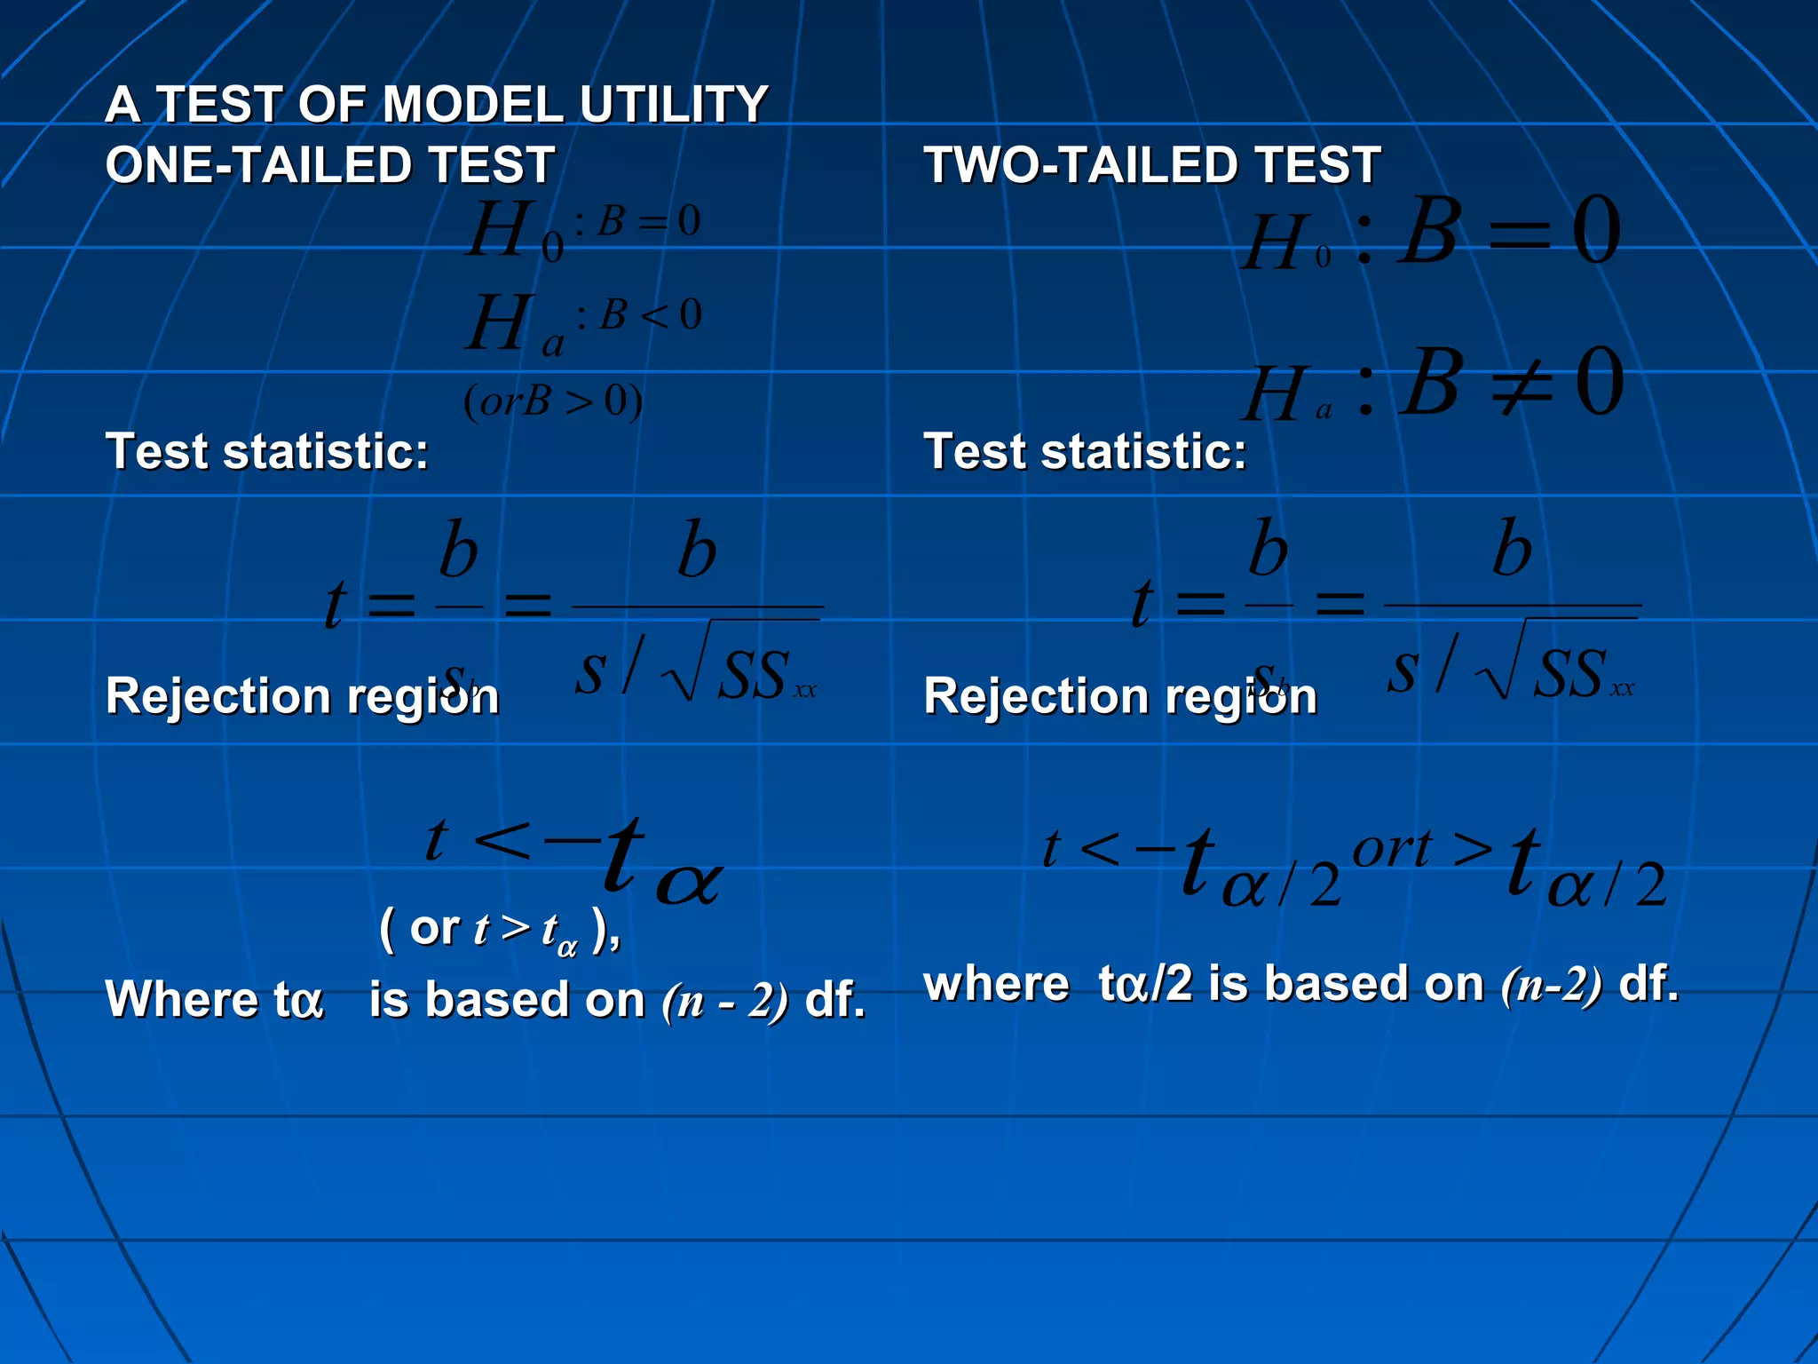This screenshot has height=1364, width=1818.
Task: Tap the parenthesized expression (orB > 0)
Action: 553,401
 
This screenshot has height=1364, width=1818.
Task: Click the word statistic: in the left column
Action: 326,451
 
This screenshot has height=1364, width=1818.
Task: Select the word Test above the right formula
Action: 974,451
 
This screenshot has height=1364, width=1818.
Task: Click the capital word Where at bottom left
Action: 181,999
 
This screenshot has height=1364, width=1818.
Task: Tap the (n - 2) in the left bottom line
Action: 724,1001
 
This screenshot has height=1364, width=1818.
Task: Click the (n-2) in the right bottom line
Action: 1552,985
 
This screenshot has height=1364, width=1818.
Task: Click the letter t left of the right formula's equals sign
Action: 1142,603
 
